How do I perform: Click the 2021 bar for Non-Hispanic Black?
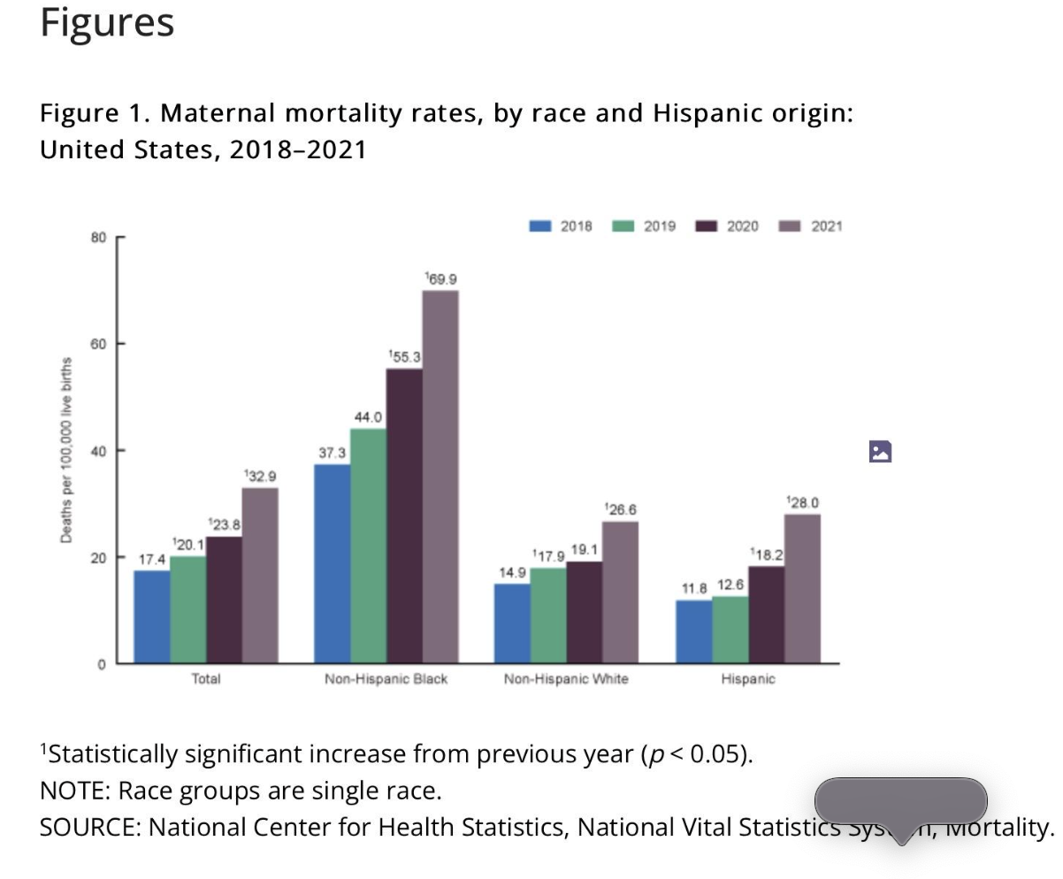[440, 478]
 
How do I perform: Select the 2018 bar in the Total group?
[152, 616]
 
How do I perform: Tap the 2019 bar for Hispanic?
[730, 630]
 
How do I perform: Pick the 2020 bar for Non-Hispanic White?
[584, 612]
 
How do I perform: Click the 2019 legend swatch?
[623, 226]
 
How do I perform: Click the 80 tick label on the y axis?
[97, 237]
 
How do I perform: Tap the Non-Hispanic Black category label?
[386, 679]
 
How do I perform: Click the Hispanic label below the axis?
[747, 679]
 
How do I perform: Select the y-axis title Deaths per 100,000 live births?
[66, 450]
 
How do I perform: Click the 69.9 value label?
[440, 279]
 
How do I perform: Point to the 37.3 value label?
[332, 453]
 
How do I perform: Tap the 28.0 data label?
[802, 502]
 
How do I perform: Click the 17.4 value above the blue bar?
[152, 560]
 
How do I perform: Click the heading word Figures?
[107, 22]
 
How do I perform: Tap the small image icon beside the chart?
[880, 452]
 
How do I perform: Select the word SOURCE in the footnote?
[89, 828]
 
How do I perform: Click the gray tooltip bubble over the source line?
[900, 801]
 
